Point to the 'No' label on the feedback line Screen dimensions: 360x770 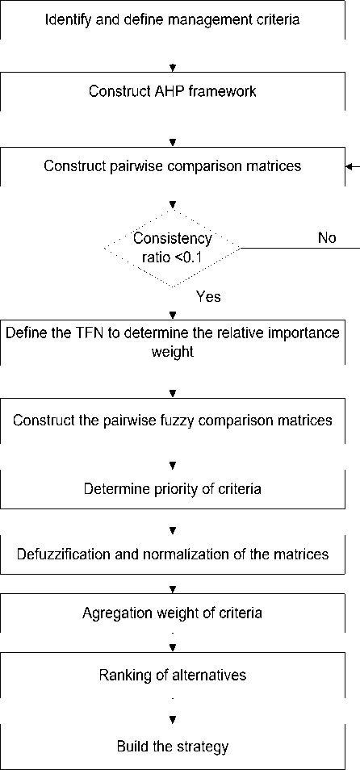[x=327, y=238]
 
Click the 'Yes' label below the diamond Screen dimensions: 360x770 [x=209, y=296]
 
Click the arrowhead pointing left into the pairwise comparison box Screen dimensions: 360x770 [x=350, y=166]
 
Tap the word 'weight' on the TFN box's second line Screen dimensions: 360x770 [x=173, y=353]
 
